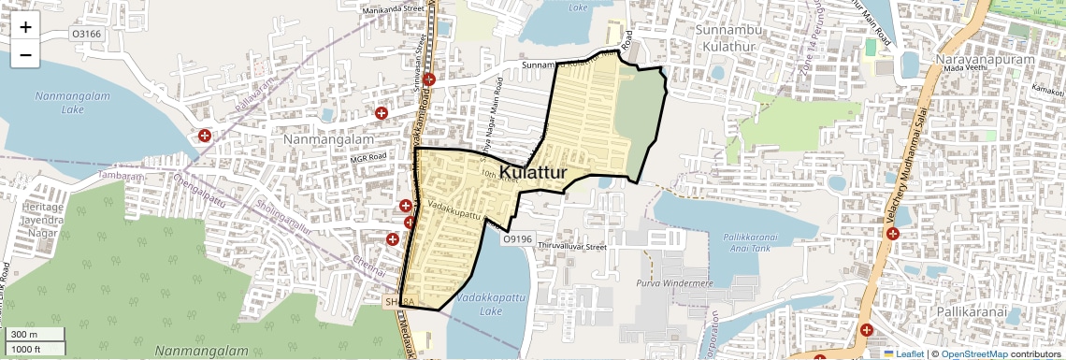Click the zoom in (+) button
click(25, 27)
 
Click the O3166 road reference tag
click(87, 35)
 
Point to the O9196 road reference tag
click(517, 238)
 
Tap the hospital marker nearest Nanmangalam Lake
click(205, 136)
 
